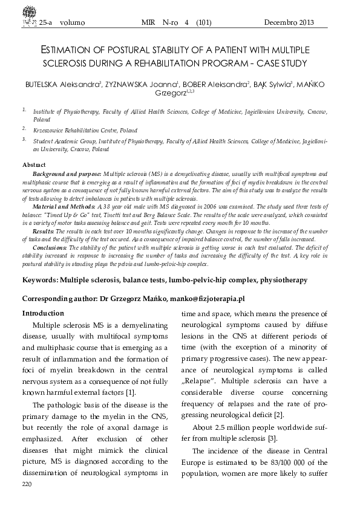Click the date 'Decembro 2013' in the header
[x=289, y=23]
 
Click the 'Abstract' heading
[x=34, y=165]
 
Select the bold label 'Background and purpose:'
[x=67, y=173]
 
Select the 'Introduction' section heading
[x=43, y=313]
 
